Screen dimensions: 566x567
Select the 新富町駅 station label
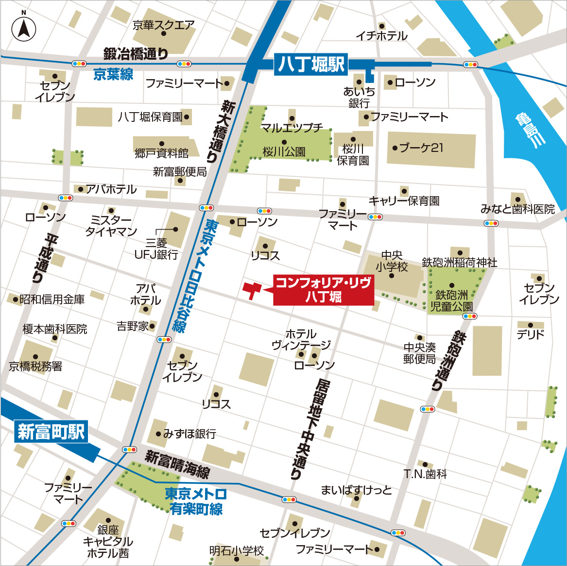point(51,431)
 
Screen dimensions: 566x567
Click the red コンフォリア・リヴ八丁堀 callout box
point(324,290)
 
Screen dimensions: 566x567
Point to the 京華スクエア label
point(163,25)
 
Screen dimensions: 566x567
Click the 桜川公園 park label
point(284,152)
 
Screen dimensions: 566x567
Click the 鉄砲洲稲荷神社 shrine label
point(460,263)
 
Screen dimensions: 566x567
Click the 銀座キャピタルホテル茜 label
point(108,541)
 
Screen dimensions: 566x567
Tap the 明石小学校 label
point(237,551)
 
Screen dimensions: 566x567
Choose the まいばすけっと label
point(356,490)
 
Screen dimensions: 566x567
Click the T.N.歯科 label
point(425,474)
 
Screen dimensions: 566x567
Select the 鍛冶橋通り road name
point(136,54)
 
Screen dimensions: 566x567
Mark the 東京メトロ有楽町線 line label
point(196,501)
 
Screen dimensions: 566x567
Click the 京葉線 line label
point(113,74)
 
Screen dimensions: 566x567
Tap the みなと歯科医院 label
point(517,209)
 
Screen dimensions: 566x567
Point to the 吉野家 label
point(132,326)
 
